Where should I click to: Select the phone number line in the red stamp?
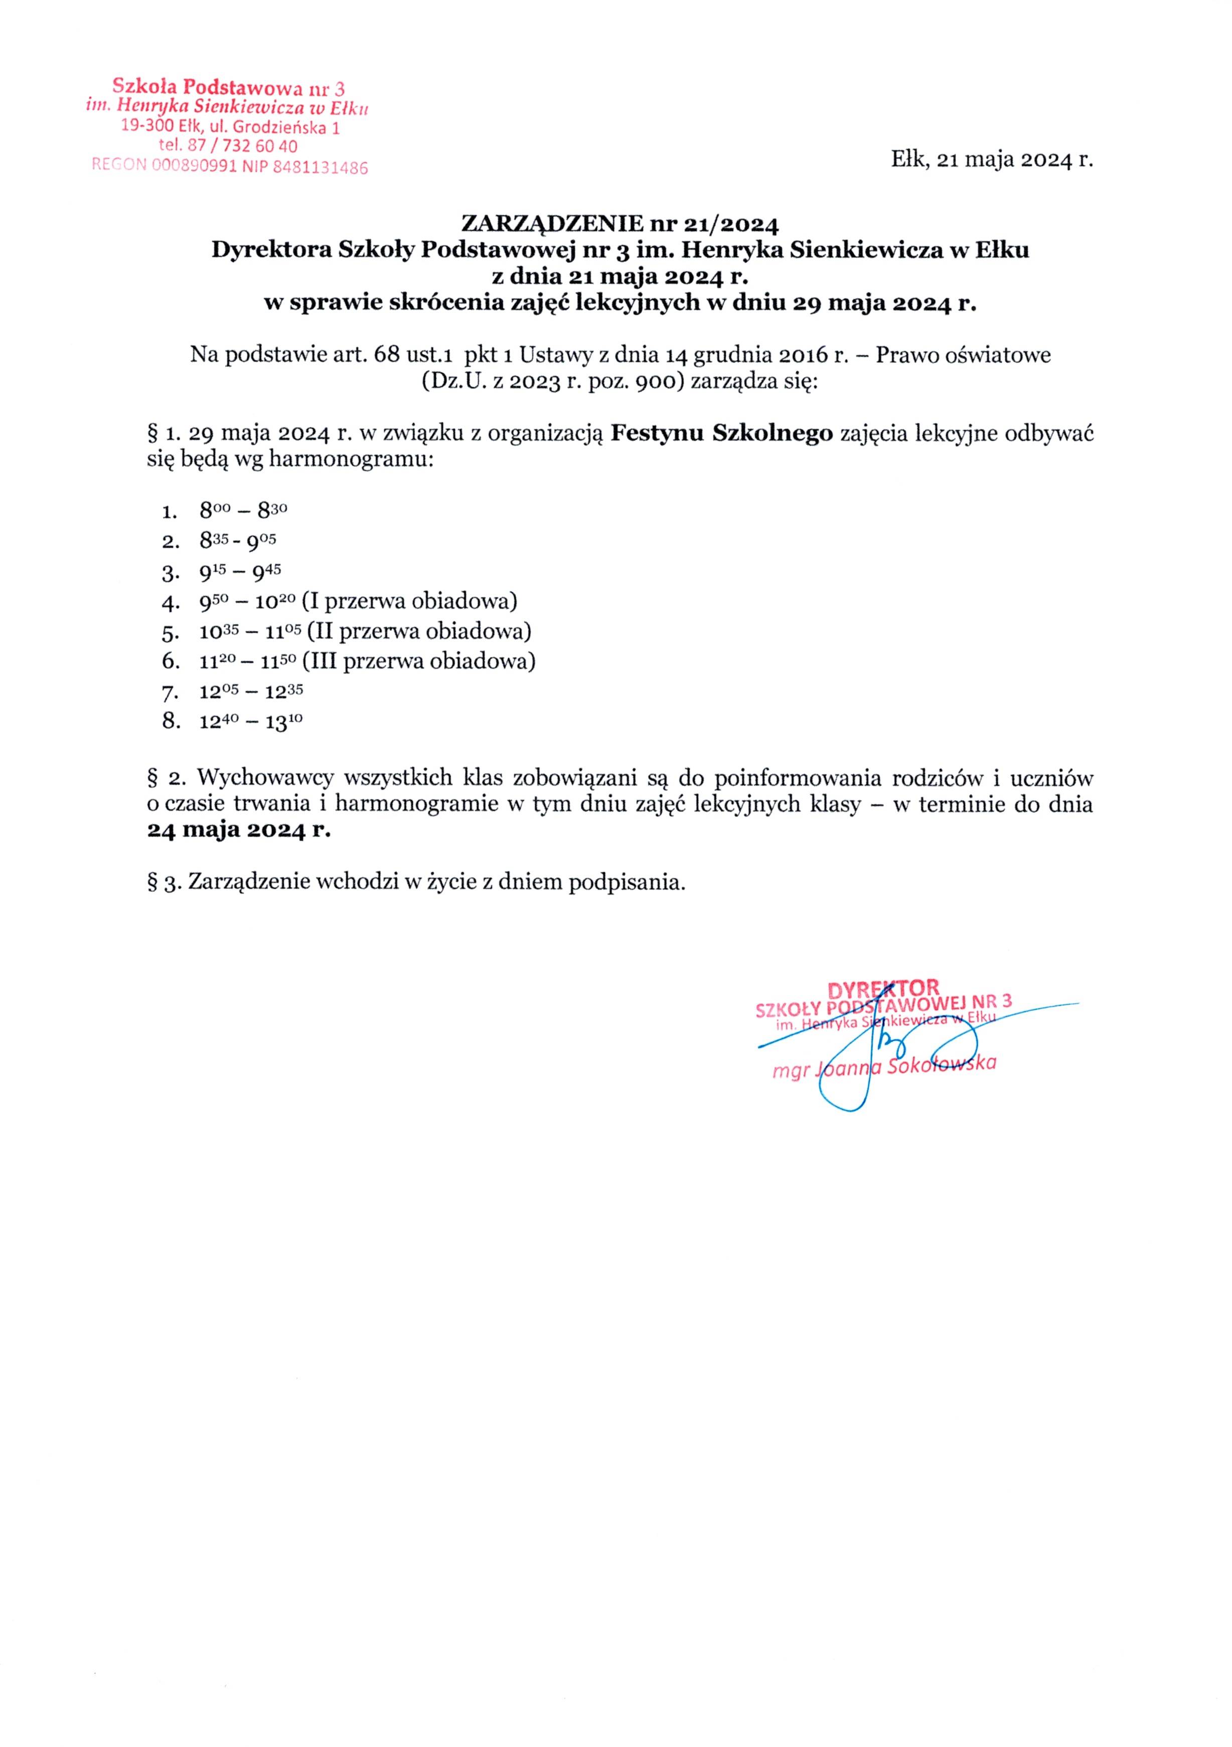(228, 145)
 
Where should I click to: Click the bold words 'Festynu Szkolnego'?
(721, 434)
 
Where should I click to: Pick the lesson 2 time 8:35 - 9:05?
(237, 540)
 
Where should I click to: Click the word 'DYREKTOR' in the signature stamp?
(883, 989)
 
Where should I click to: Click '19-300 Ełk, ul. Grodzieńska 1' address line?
(230, 127)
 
